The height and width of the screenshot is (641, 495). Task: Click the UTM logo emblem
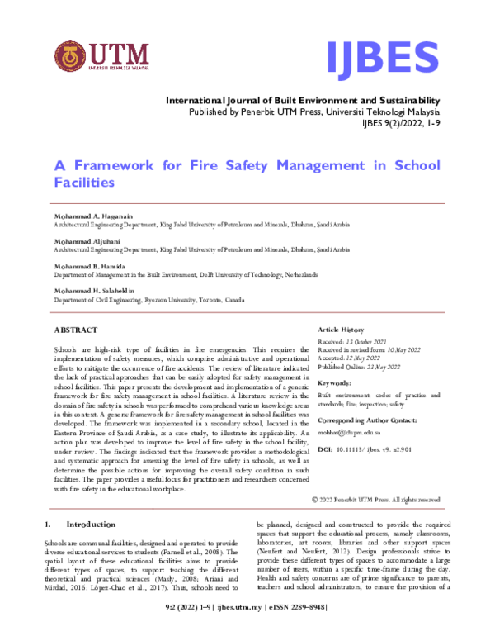coord(72,58)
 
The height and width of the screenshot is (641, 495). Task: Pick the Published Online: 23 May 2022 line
coord(347,366)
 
